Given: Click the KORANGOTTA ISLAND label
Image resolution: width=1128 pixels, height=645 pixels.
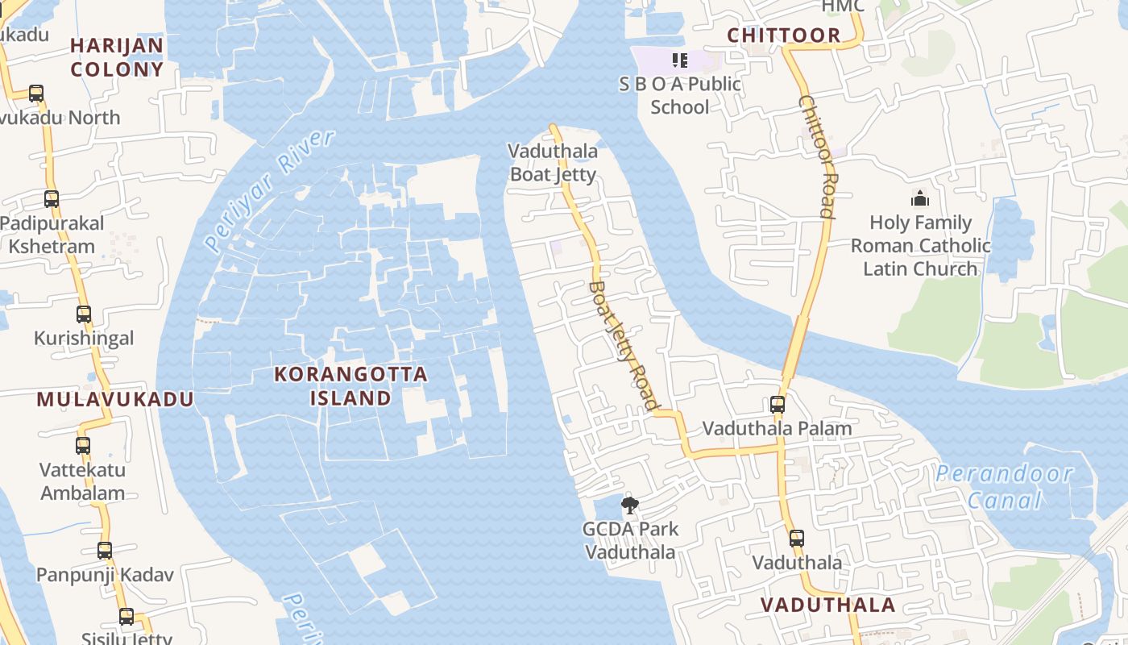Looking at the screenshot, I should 350,386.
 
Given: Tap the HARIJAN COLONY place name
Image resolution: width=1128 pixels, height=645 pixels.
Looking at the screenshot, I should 117,57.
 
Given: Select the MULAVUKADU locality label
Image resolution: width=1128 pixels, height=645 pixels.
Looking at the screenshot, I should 115,399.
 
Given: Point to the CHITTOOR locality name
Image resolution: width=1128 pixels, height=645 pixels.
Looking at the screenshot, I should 784,35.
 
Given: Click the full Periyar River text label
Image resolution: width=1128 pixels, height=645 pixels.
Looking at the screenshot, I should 269,189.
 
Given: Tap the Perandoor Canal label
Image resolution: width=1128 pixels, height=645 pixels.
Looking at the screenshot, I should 1004,487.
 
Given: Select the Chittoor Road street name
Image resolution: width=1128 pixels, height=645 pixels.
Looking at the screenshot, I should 815,157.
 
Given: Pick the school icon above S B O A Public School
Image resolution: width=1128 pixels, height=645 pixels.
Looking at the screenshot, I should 679,60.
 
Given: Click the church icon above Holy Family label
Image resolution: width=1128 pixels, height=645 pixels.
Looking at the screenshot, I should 919,198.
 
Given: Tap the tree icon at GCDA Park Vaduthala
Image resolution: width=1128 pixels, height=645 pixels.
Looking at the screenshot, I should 630,506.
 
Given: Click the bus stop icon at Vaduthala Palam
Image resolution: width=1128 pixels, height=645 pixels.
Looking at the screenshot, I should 778,405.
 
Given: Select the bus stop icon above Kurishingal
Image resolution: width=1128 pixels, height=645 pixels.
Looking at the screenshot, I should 84,314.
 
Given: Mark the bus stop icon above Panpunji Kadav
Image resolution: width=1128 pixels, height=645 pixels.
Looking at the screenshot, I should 105,551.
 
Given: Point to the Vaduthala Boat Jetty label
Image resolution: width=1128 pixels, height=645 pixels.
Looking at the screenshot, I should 554,163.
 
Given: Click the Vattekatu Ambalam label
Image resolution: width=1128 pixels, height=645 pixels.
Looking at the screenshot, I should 83,481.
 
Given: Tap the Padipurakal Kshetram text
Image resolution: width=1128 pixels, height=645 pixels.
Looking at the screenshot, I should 52,235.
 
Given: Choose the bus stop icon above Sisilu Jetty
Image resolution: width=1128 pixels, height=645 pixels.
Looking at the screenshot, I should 126,617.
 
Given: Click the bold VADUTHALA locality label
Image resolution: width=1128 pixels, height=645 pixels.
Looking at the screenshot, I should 827,605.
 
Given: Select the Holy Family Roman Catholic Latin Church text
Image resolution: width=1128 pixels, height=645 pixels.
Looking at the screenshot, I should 920,246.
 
